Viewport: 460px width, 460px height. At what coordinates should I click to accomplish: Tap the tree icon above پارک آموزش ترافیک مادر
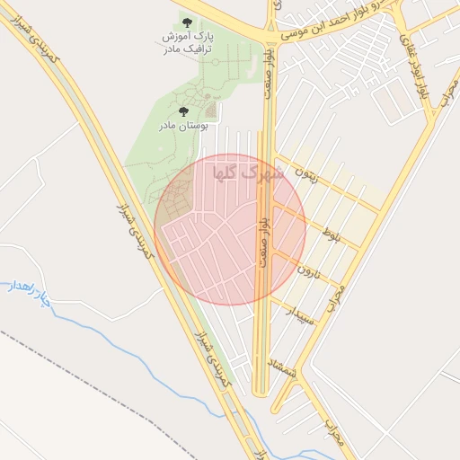(187, 22)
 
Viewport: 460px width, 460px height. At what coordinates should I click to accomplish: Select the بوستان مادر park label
(184, 127)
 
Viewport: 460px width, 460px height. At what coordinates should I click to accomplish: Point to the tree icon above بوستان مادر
(184, 111)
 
